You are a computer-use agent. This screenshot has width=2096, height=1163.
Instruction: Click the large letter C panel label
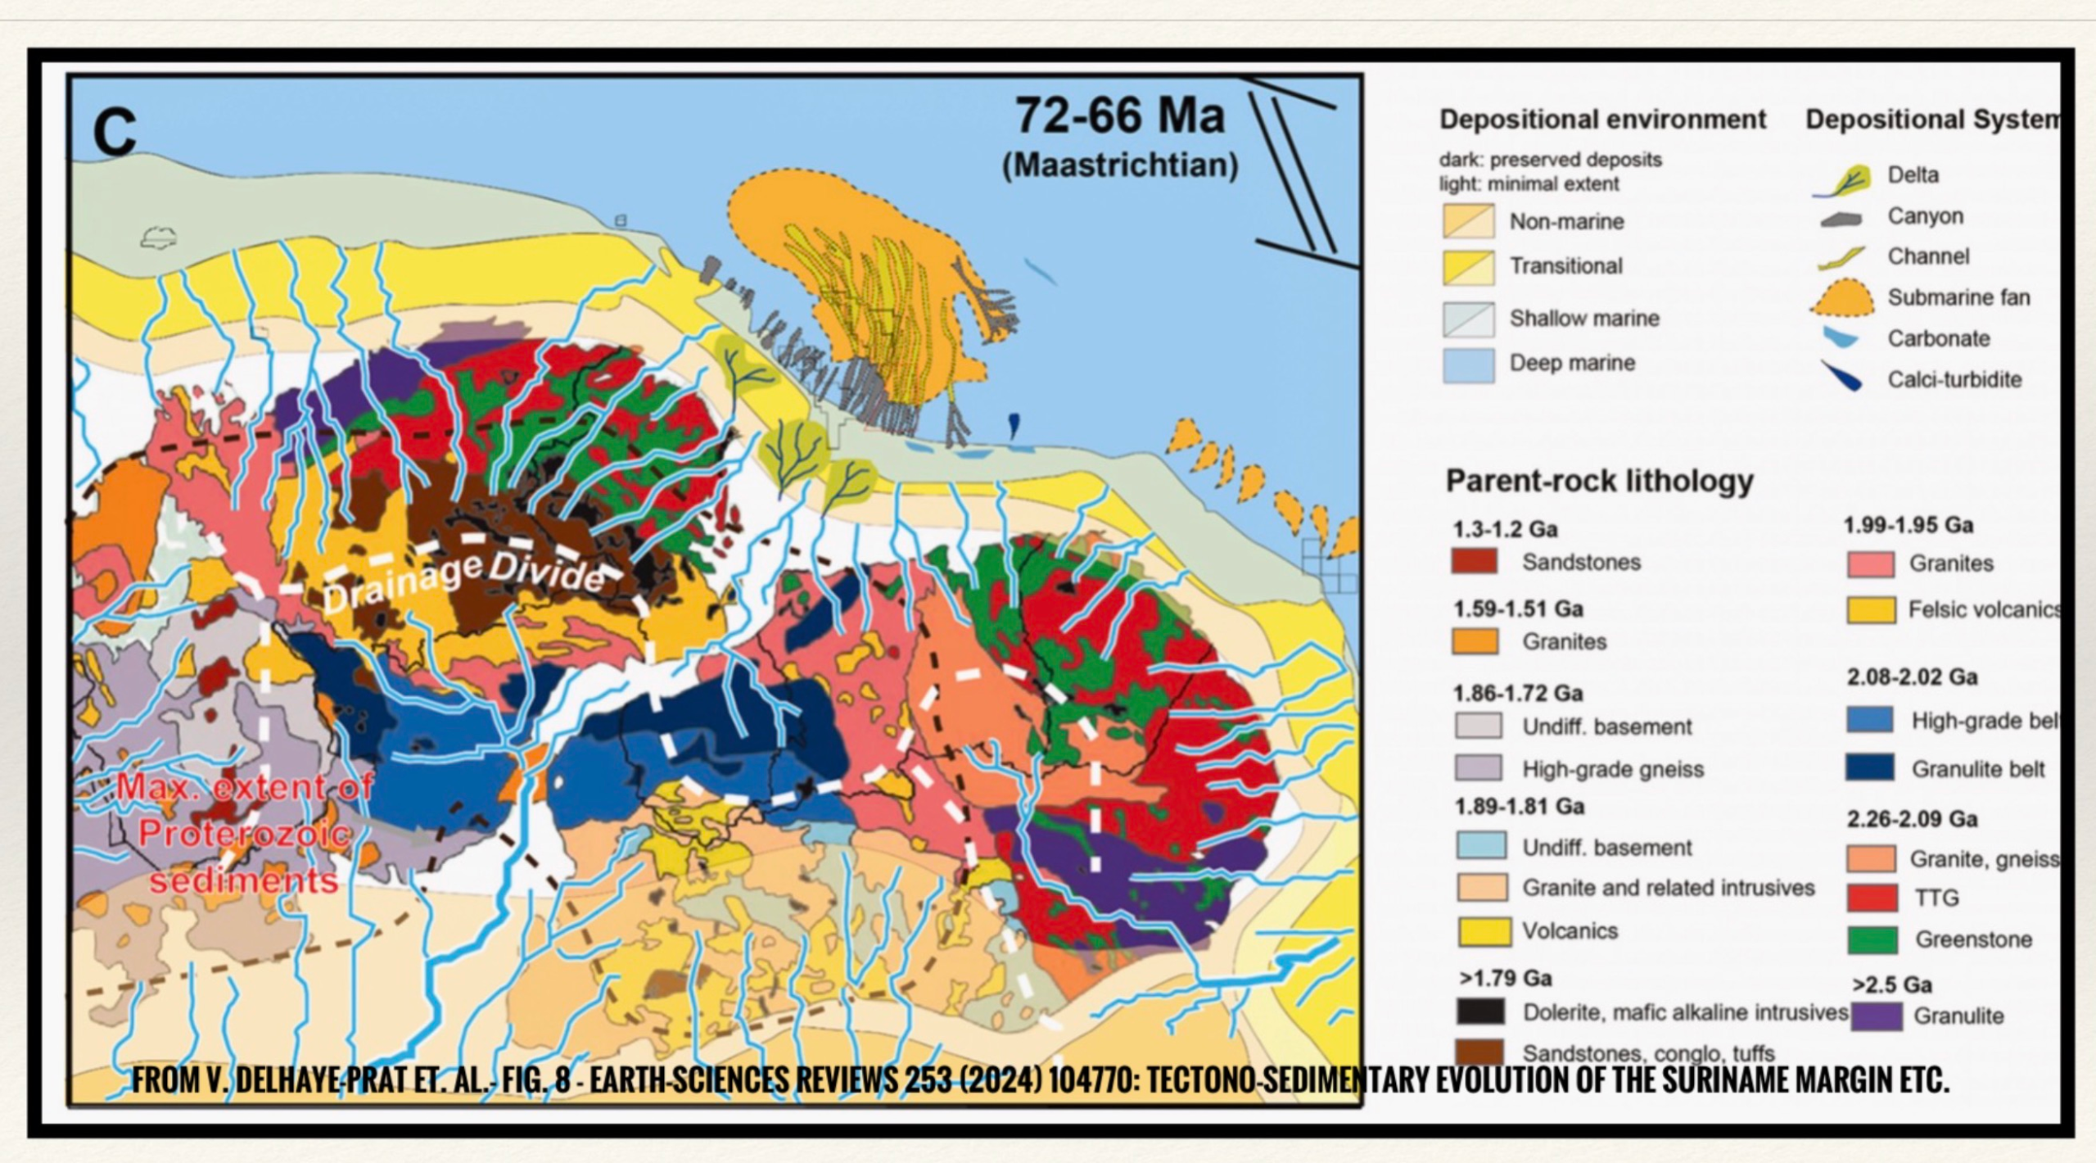click(114, 131)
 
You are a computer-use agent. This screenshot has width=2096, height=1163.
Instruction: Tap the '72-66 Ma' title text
click(1119, 115)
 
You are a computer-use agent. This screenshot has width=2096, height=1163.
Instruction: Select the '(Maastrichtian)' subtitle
click(1119, 165)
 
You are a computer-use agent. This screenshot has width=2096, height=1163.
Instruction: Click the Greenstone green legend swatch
click(1872, 939)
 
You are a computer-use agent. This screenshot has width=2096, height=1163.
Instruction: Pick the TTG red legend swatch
click(1872, 898)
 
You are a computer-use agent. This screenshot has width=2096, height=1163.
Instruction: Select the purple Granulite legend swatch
click(1876, 1016)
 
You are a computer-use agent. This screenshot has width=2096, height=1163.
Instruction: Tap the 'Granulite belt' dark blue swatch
click(1870, 768)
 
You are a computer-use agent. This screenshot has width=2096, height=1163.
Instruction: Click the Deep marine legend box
click(1468, 364)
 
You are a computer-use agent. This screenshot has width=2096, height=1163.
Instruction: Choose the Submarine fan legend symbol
click(1841, 299)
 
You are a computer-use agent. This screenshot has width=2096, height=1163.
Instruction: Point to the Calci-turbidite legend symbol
click(1841, 377)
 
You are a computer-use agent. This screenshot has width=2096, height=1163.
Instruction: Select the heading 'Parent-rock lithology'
click(1599, 481)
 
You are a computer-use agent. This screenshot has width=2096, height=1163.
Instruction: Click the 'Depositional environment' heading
click(1602, 120)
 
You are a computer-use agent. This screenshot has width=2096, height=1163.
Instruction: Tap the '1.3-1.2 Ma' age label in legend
click(1505, 529)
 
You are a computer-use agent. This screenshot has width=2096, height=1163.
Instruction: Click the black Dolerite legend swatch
click(1480, 1011)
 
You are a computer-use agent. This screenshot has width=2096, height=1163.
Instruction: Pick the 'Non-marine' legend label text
click(1566, 222)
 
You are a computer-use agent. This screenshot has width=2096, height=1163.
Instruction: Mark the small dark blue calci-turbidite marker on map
click(1014, 423)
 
